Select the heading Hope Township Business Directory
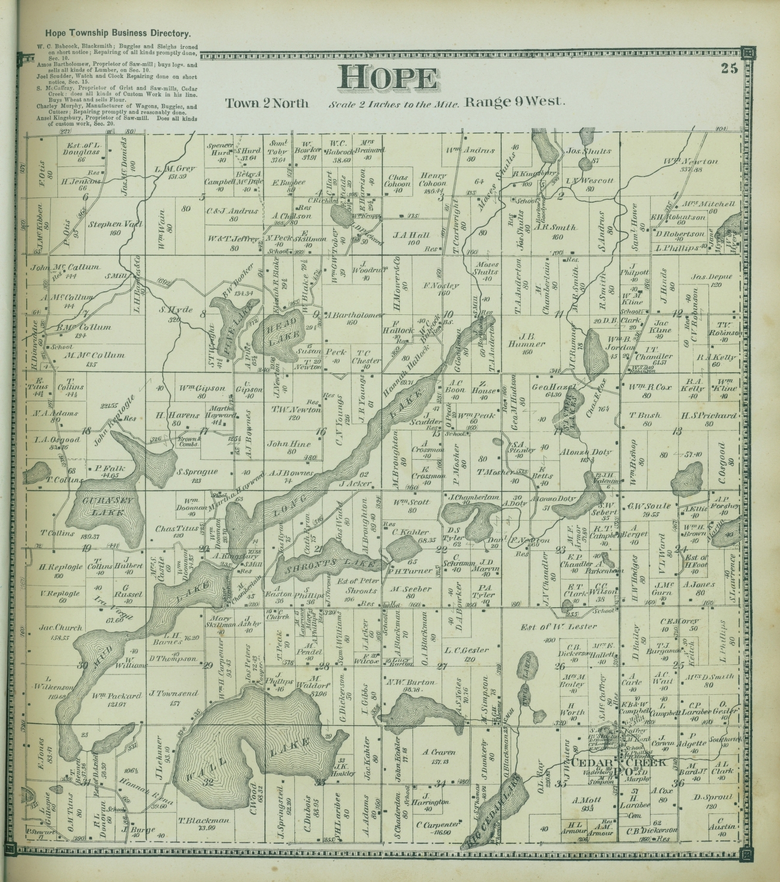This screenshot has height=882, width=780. point(113,35)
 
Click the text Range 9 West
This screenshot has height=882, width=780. point(514,102)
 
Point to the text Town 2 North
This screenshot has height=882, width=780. point(266,103)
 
